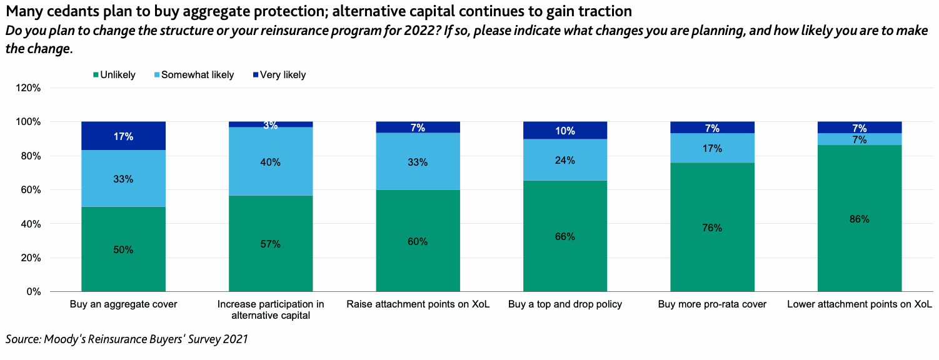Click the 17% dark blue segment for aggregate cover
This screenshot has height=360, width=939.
[x=123, y=136]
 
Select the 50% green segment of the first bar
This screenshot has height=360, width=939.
[x=123, y=249]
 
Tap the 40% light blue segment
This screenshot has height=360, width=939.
[x=271, y=162]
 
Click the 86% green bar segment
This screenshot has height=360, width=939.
[x=859, y=219]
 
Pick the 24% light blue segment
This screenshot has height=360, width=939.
[x=565, y=160]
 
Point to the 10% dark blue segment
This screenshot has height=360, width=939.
[x=565, y=130]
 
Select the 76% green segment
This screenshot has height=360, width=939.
[x=712, y=227]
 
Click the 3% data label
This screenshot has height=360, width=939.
[x=271, y=125]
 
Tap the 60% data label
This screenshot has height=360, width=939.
[x=418, y=241]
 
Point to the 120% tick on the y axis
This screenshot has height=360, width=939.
[x=28, y=88]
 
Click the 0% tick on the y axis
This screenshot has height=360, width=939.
[x=33, y=292]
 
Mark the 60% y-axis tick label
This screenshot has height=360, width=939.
[x=30, y=190]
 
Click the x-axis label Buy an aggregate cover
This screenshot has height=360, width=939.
[x=123, y=305]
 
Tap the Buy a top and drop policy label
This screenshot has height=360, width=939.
[x=565, y=305]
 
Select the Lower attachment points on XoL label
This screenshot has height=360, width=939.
[x=859, y=305]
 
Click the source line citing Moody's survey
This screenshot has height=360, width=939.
[x=127, y=339]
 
